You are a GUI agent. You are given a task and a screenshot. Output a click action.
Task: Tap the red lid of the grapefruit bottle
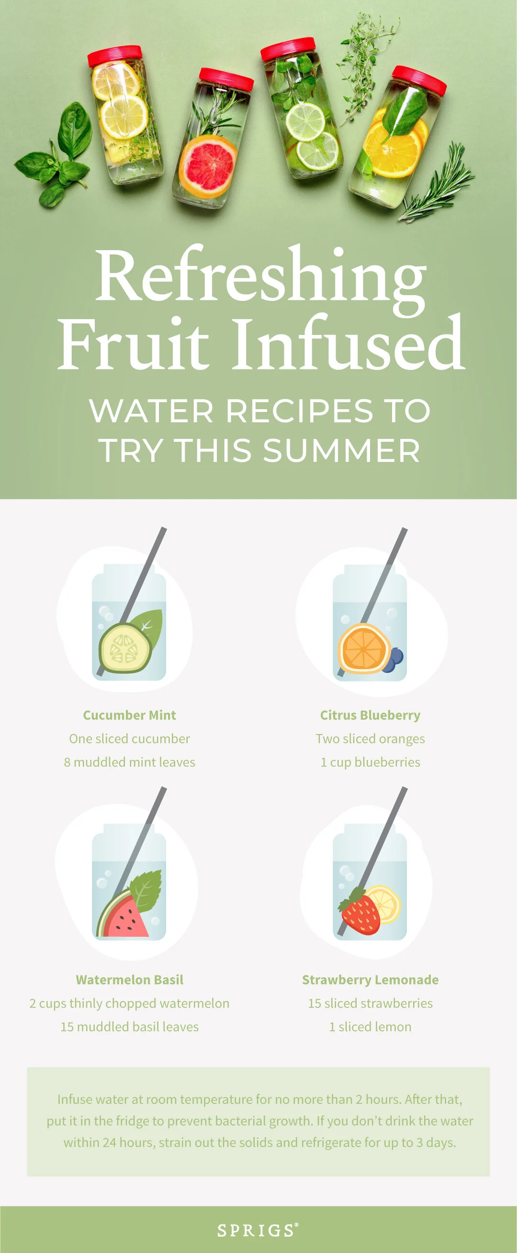(x=226, y=79)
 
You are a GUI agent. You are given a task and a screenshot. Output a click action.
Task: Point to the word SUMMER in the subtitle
(x=342, y=450)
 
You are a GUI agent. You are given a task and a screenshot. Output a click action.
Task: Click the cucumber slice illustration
(x=124, y=648)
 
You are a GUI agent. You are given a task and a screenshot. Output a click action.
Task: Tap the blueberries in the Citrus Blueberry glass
(x=394, y=660)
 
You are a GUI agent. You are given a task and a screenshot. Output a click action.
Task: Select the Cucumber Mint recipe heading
(x=129, y=715)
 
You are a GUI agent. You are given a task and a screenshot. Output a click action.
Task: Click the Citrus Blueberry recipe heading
(x=370, y=715)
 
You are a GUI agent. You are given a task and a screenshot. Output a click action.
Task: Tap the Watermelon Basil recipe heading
(x=129, y=979)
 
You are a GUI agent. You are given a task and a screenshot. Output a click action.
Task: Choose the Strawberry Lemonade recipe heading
(x=370, y=979)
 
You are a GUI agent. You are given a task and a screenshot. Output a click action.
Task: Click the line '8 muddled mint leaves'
(x=129, y=762)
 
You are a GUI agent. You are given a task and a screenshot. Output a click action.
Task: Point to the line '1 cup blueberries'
(x=370, y=762)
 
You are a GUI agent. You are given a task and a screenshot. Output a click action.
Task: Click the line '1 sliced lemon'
(x=370, y=1027)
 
